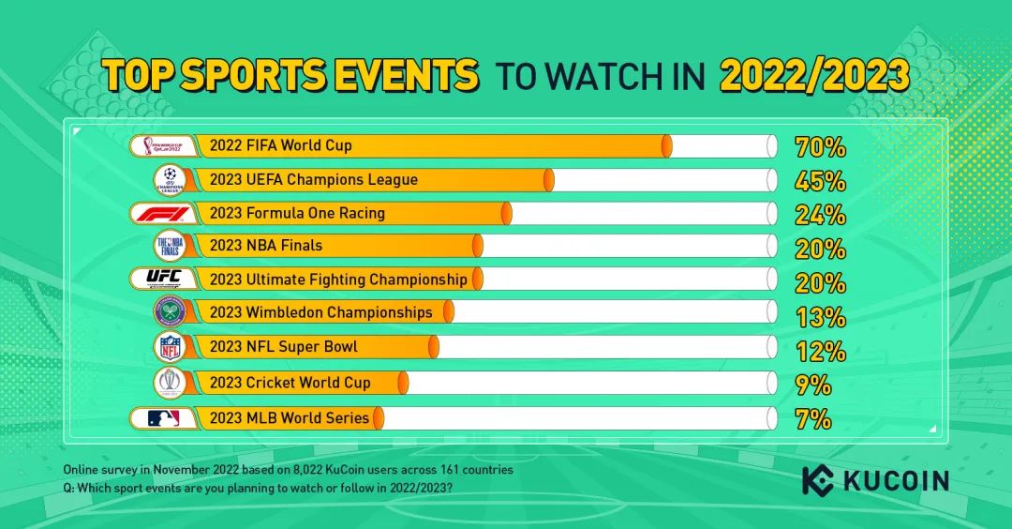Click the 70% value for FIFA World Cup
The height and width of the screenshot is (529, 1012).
(x=820, y=147)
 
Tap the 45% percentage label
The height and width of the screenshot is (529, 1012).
(x=820, y=181)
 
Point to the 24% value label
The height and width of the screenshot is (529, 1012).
(x=820, y=215)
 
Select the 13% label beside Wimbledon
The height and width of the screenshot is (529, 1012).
(x=820, y=317)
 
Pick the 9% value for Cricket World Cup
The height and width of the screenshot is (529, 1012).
(x=813, y=385)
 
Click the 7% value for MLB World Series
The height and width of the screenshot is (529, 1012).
(x=813, y=419)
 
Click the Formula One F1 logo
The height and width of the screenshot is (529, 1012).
(x=165, y=213)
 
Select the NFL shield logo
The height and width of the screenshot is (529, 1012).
(x=170, y=347)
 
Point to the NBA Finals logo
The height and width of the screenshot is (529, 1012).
(x=171, y=246)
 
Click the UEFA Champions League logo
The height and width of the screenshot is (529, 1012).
(x=171, y=179)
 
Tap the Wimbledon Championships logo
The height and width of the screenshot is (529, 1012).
(x=171, y=312)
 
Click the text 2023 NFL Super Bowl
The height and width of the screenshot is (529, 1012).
(x=284, y=347)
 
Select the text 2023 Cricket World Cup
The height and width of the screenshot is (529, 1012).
(x=290, y=383)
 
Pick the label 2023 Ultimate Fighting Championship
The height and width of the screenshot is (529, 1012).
(x=338, y=280)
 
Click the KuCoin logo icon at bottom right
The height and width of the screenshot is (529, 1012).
(x=818, y=481)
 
